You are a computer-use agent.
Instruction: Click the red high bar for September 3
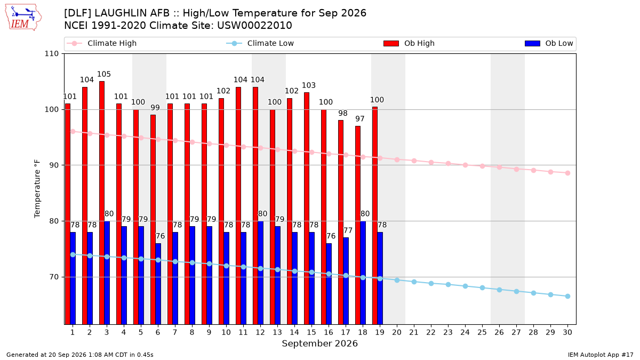click(102, 203)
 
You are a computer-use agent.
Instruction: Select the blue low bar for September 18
click(363, 273)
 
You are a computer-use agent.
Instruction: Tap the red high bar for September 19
click(375, 215)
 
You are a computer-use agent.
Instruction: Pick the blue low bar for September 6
click(158, 284)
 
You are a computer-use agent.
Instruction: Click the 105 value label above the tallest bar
click(103, 74)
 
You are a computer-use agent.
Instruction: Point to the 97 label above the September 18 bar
click(359, 119)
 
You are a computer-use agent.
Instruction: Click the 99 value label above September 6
click(155, 108)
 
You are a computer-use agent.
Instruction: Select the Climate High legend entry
click(102, 43)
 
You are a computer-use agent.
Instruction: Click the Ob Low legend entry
click(549, 43)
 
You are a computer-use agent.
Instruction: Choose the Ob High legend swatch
click(391, 43)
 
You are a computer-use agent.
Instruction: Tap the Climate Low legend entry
click(260, 43)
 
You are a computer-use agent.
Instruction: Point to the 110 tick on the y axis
click(51, 54)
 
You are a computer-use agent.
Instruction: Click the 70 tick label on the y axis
click(54, 277)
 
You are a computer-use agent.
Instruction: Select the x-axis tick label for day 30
click(567, 332)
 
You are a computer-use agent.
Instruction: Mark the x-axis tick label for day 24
click(465, 332)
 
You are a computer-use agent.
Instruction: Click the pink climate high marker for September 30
click(567, 173)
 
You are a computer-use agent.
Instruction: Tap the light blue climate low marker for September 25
click(482, 287)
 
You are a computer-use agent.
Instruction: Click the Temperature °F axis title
click(37, 189)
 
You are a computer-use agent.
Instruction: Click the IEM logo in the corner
click(23, 18)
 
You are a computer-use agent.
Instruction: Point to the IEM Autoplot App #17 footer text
click(601, 355)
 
